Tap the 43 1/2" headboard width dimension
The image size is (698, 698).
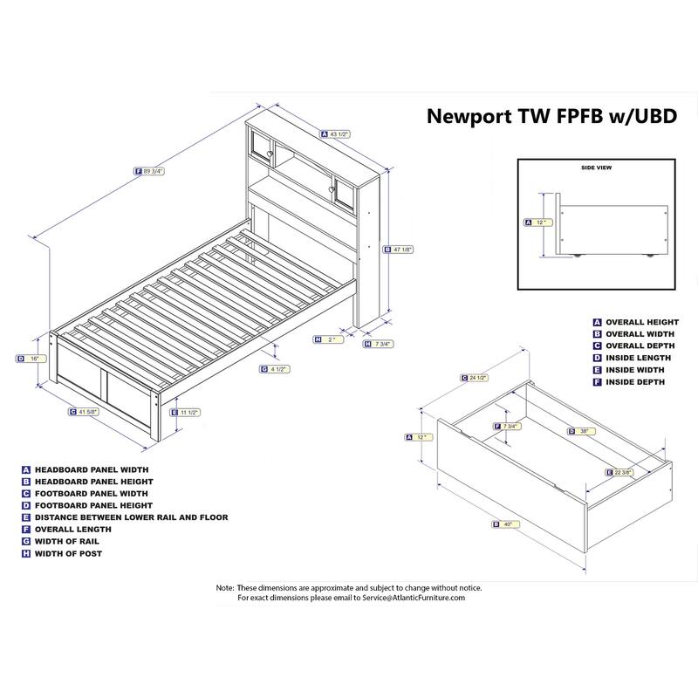[x=339, y=134]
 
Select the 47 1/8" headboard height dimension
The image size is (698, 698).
[x=402, y=250]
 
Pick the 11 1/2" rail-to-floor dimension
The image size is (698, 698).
[x=188, y=412]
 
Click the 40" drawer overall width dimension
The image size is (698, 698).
[x=505, y=524]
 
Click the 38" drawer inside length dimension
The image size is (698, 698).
[x=582, y=431]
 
